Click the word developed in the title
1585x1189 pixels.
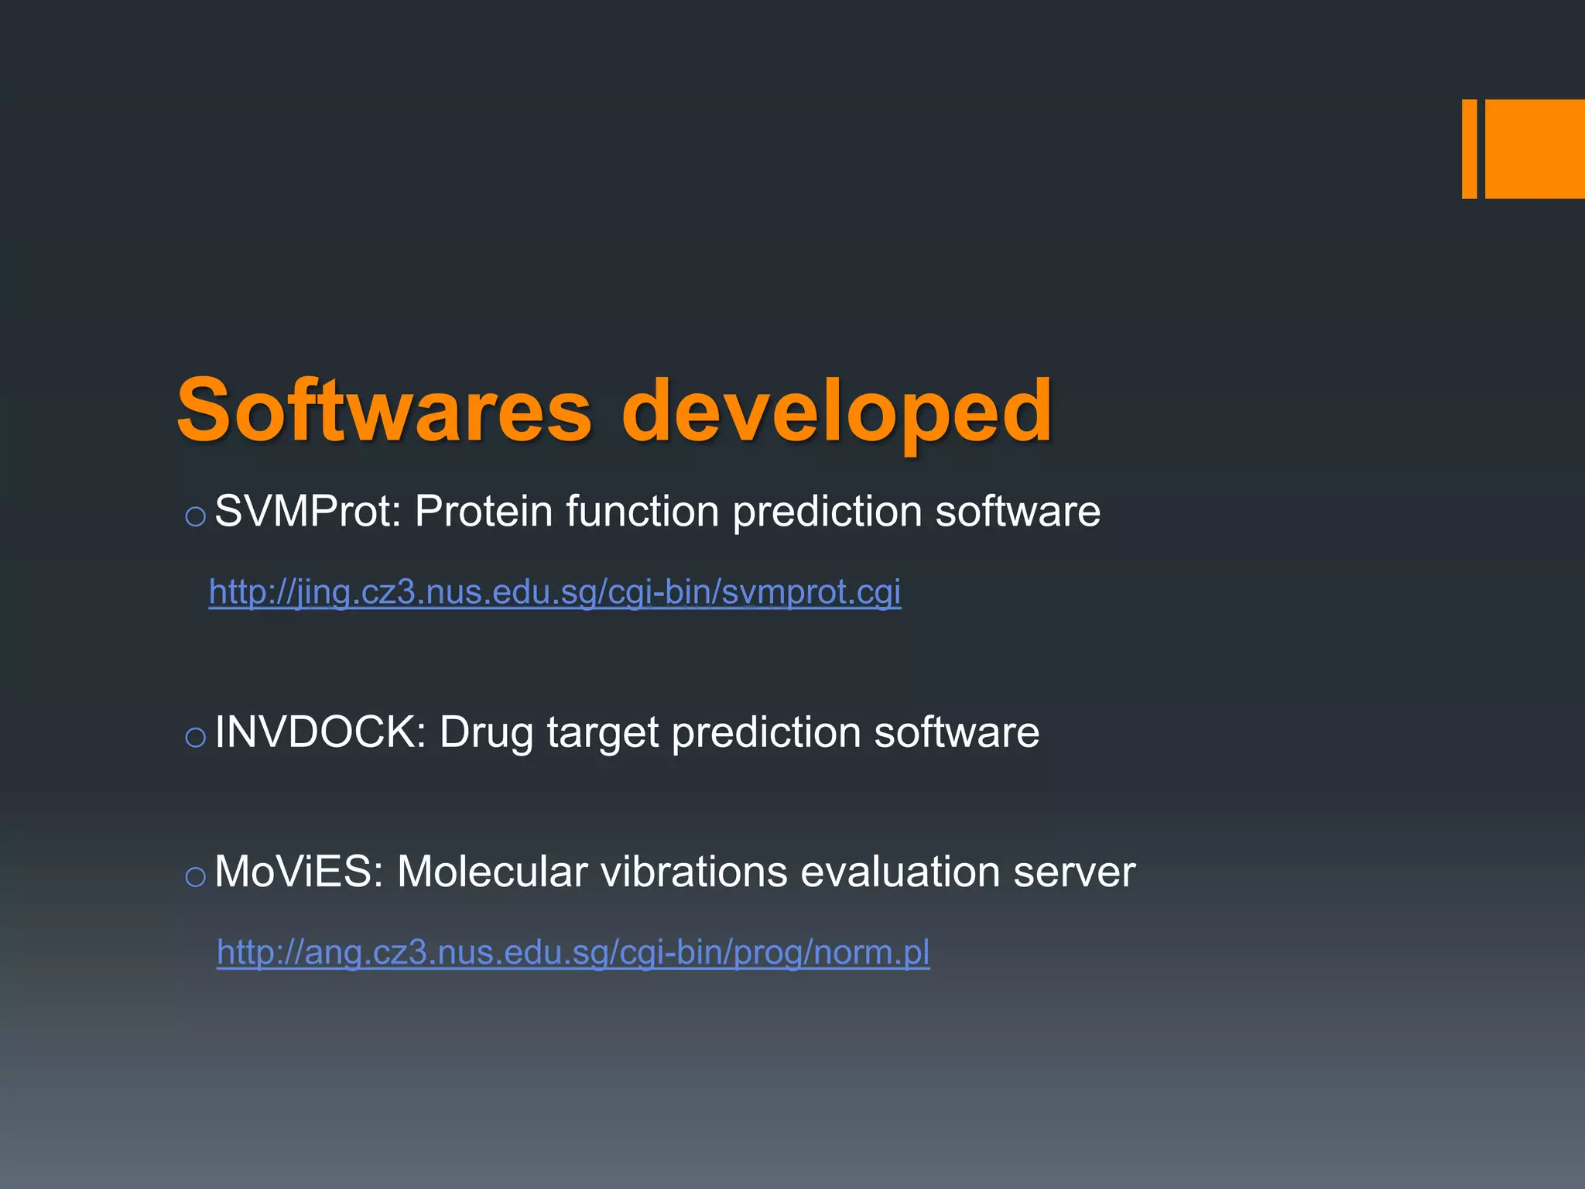pyautogui.click(x=837, y=411)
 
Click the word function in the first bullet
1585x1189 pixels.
pyautogui.click(x=642, y=512)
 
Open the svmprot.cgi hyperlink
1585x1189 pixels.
pyautogui.click(x=555, y=592)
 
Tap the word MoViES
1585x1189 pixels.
pyautogui.click(x=299, y=872)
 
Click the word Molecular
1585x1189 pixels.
pyautogui.click(x=492, y=872)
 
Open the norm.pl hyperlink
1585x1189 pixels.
pyautogui.click(x=573, y=952)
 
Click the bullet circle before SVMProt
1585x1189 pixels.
pyautogui.click(x=196, y=516)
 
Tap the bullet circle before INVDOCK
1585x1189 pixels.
pyautogui.click(x=196, y=737)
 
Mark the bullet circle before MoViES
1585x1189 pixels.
pyautogui.click(x=196, y=877)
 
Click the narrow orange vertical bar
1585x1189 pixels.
pyautogui.click(x=1469, y=149)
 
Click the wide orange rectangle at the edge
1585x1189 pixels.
pyautogui.click(x=1535, y=149)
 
